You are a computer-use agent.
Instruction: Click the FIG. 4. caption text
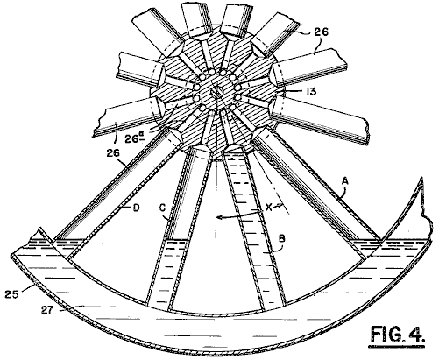click(x=398, y=334)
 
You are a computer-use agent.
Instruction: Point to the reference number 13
click(x=312, y=92)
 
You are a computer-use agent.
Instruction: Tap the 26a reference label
click(x=133, y=138)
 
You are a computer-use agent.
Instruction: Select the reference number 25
click(x=11, y=293)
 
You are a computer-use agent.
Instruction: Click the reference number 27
click(x=46, y=310)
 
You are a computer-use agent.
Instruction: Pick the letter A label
click(x=345, y=181)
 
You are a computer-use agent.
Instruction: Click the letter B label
click(x=281, y=238)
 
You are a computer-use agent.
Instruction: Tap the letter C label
click(x=163, y=208)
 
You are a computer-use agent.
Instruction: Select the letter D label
click(x=136, y=208)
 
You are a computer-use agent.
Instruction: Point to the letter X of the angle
click(x=268, y=208)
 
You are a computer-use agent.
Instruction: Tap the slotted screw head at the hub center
click(x=216, y=94)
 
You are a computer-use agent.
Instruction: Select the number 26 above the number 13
click(x=321, y=32)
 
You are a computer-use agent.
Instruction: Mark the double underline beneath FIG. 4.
click(x=398, y=347)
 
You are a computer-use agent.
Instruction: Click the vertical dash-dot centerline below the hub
click(x=216, y=200)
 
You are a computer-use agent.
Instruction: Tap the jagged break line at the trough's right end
click(x=425, y=210)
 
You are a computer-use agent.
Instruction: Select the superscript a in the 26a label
click(x=140, y=134)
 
